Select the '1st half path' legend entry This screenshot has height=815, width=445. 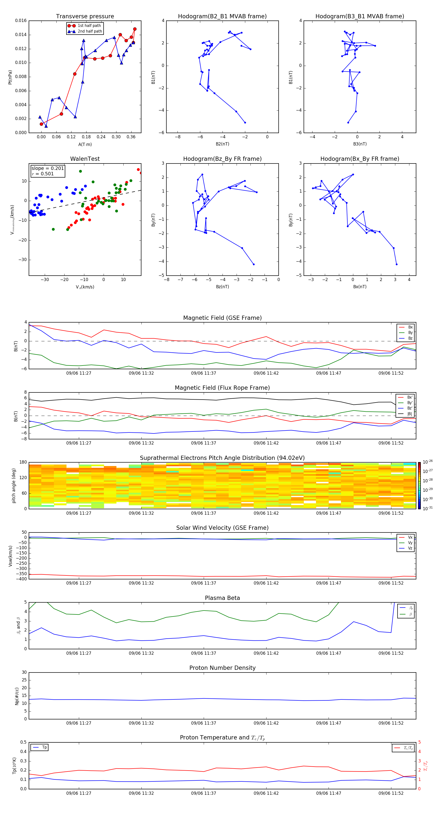click(x=89, y=26)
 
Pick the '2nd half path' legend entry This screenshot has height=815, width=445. click(x=90, y=31)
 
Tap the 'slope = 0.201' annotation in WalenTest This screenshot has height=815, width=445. click(x=47, y=168)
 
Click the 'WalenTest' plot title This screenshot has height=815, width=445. click(x=85, y=159)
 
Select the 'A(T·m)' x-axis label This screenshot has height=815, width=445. click(x=85, y=144)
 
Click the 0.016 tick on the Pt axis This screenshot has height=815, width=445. click(x=21, y=20)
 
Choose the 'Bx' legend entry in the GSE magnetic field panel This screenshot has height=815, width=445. click(x=410, y=327)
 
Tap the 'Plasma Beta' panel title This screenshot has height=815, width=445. click(x=222, y=598)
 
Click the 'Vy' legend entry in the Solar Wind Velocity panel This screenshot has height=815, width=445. click(x=410, y=543)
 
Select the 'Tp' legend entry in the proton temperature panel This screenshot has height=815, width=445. click(x=44, y=747)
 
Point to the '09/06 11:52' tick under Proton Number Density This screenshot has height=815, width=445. click(x=391, y=723)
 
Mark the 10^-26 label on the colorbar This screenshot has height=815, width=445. click(x=428, y=462)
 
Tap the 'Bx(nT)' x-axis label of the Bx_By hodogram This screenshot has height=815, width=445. click(x=359, y=287)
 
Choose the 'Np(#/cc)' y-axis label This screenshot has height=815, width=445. click(x=17, y=696)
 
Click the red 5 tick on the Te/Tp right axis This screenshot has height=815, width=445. click(x=419, y=742)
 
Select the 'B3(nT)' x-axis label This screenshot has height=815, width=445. click(x=359, y=144)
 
